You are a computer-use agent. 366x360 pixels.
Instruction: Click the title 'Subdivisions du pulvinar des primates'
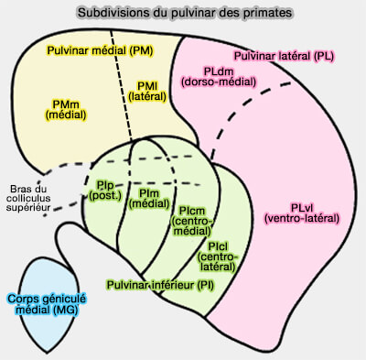(x=183, y=13)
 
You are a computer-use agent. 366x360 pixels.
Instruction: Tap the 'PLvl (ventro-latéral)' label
(x=300, y=213)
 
